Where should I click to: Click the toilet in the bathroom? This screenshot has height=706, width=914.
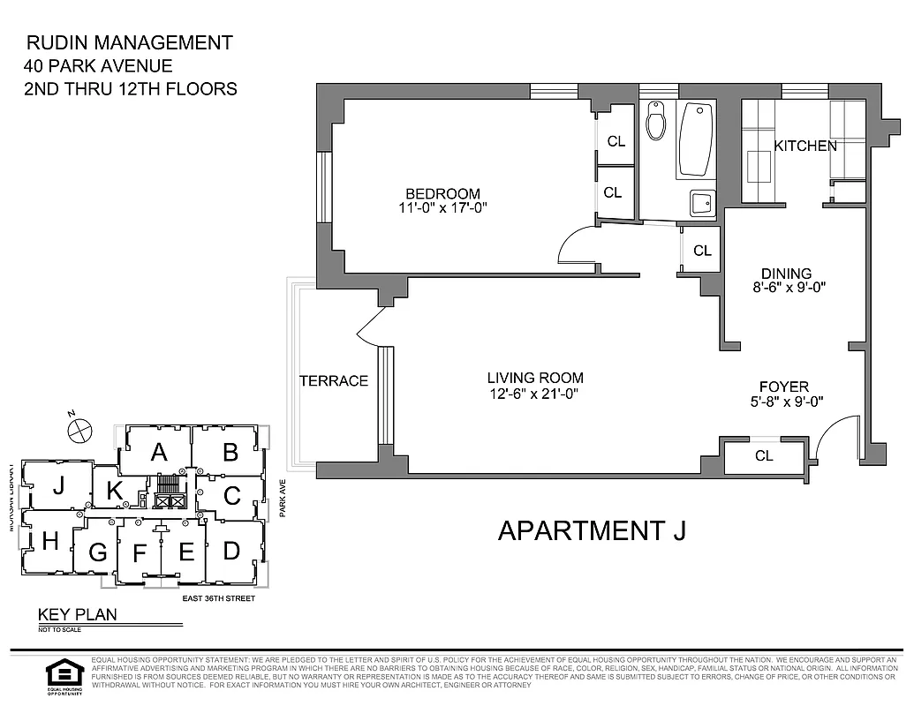(655, 123)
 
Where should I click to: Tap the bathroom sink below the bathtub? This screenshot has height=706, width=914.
(702, 204)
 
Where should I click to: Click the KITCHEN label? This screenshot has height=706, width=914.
(804, 146)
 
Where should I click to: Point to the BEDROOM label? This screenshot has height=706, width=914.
(442, 194)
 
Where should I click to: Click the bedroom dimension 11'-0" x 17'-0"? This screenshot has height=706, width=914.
(442, 208)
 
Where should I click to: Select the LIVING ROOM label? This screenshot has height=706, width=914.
(536, 378)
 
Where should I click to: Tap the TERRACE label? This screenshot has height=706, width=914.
(333, 381)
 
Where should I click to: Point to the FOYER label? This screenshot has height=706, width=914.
(783, 387)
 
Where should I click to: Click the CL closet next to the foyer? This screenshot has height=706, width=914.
(764, 456)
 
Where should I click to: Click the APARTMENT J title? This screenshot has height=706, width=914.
(591, 530)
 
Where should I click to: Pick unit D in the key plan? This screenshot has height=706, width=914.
(231, 551)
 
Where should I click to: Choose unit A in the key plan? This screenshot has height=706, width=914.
(159, 453)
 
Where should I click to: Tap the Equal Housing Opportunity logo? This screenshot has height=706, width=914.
(64, 678)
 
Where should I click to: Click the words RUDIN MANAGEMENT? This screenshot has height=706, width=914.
(130, 42)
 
